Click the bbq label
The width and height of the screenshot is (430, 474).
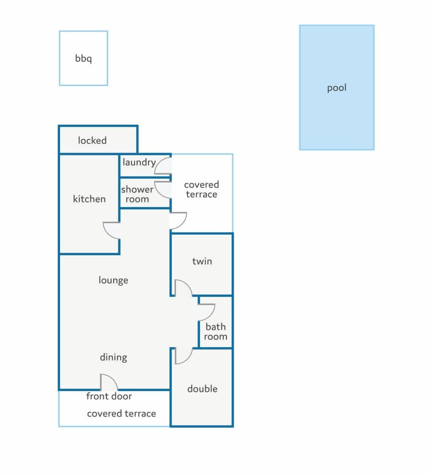[x=83, y=58]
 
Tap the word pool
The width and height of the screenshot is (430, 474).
[x=337, y=88]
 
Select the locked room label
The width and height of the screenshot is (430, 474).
[x=92, y=140]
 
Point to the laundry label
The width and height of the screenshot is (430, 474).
[x=139, y=162]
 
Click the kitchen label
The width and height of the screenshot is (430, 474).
[x=90, y=198]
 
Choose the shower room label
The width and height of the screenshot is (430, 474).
[x=137, y=194]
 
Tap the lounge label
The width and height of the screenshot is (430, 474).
[x=113, y=280]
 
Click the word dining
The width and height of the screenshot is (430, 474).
[x=113, y=358]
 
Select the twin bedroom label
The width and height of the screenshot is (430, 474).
[x=202, y=261]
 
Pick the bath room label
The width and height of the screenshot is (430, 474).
[x=215, y=332]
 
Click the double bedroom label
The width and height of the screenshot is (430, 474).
[x=202, y=388]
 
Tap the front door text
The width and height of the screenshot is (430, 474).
[x=109, y=396]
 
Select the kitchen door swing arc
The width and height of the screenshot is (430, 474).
[x=107, y=234]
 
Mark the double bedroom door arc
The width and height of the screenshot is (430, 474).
[x=188, y=359]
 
